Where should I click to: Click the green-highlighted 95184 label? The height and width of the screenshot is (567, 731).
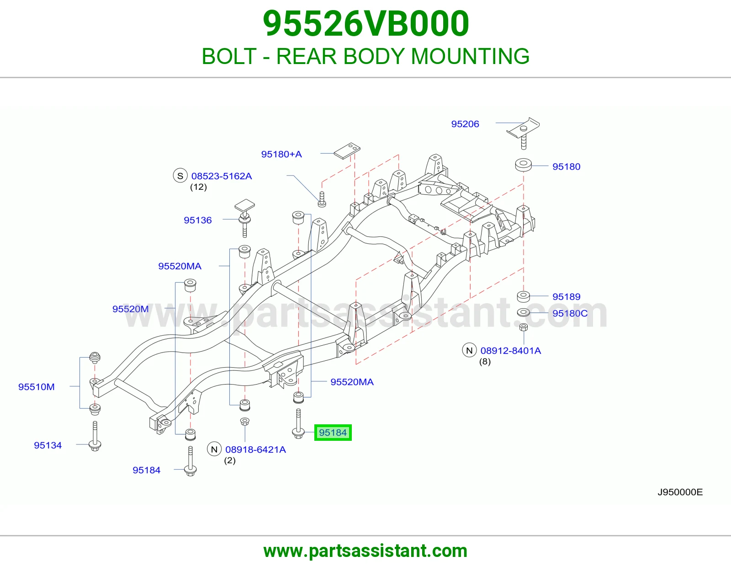333,432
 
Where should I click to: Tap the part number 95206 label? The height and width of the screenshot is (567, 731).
465,124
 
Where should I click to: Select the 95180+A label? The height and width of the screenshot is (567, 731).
281,154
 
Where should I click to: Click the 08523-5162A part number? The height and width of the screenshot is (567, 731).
221,176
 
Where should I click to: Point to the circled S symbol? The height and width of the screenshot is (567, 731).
180,176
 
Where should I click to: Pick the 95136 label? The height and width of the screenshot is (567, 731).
197,220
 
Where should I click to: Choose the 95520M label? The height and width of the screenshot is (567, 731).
131,309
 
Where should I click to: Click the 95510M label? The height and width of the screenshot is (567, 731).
37,387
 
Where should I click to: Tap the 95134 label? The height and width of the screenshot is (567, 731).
48,445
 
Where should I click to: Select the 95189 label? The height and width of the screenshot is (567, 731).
567,297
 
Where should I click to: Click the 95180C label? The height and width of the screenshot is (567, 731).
570,314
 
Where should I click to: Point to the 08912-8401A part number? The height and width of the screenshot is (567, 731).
511,351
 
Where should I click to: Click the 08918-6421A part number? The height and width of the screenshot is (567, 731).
256,449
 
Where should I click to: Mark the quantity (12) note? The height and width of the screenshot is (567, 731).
198,187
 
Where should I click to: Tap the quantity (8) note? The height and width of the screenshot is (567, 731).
485,362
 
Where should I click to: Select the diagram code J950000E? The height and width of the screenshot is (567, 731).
680,492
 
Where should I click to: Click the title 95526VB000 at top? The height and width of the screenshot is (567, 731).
365,24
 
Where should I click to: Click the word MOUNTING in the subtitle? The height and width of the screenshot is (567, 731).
470,56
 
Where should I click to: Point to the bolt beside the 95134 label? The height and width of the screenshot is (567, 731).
95,436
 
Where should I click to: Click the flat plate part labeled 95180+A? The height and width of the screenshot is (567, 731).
347,151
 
